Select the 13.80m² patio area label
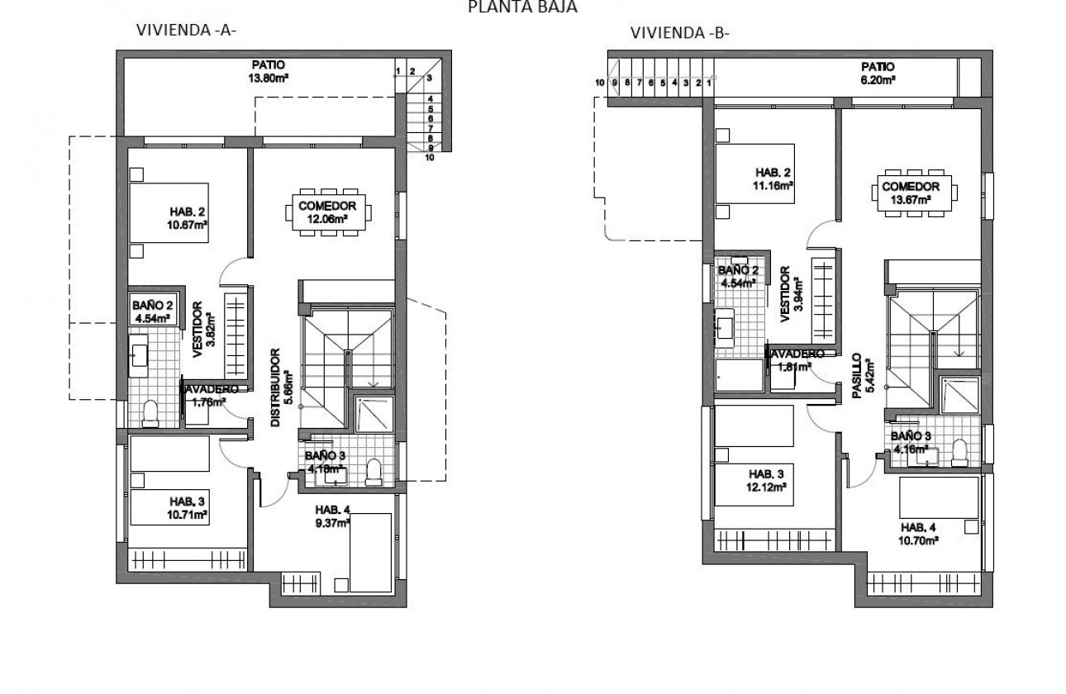pyautogui.click(x=268, y=72)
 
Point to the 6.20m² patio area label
pyautogui.click(x=877, y=73)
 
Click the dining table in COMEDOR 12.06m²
pyautogui.click(x=328, y=213)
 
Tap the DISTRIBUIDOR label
pyautogui.click(x=280, y=386)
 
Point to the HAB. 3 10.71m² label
pyautogui.click(x=188, y=507)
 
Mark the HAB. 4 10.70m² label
pyautogui.click(x=920, y=534)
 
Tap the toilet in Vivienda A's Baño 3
pyautogui.click(x=373, y=471)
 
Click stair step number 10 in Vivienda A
pyautogui.click(x=429, y=156)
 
